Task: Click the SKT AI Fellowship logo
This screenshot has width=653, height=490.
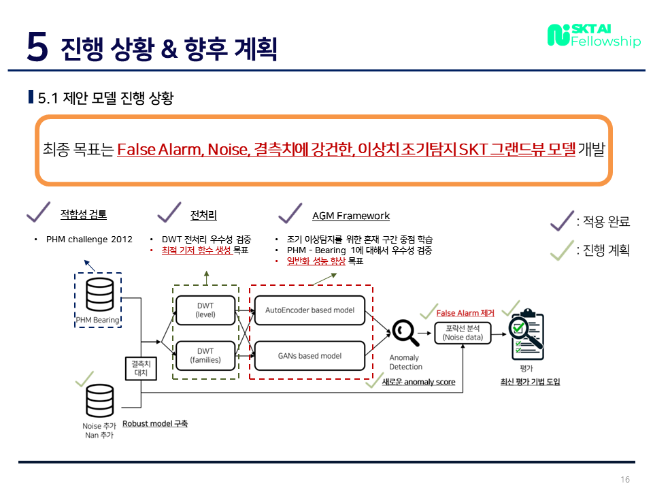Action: pyautogui.click(x=593, y=35)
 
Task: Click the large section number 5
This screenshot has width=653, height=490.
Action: pyautogui.click(x=37, y=46)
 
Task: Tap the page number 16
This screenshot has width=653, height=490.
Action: pyautogui.click(x=625, y=479)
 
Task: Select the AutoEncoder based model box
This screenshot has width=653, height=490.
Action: pyautogui.click(x=309, y=310)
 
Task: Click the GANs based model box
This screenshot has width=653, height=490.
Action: pyautogui.click(x=309, y=356)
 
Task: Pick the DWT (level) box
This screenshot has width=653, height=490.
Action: pyautogui.click(x=205, y=310)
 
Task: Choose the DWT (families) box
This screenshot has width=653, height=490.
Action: pyautogui.click(x=205, y=355)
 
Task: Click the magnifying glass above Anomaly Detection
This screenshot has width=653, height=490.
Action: pyautogui.click(x=404, y=332)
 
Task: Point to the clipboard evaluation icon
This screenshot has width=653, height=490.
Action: pyautogui.click(x=526, y=334)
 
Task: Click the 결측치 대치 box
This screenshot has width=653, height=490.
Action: pyautogui.click(x=141, y=369)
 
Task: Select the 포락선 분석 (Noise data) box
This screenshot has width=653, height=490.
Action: pyautogui.click(x=463, y=333)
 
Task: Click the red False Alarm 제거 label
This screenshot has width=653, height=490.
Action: pyautogui.click(x=465, y=314)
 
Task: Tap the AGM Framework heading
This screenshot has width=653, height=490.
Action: pyautogui.click(x=351, y=216)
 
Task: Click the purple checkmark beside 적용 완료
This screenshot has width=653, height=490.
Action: pyautogui.click(x=561, y=220)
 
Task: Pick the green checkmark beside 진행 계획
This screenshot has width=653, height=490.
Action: pyautogui.click(x=561, y=250)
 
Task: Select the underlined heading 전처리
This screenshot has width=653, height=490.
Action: pyautogui.click(x=203, y=216)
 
